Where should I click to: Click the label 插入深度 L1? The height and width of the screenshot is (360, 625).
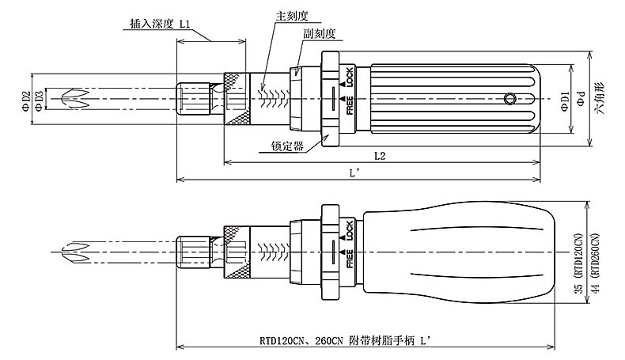click(159, 24)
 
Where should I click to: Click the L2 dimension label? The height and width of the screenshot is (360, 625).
click(379, 155)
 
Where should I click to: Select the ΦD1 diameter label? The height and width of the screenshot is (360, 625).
click(564, 101)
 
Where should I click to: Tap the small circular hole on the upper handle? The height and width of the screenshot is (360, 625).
click(509, 99)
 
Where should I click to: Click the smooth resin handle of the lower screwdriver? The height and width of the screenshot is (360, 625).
click(467, 252)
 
